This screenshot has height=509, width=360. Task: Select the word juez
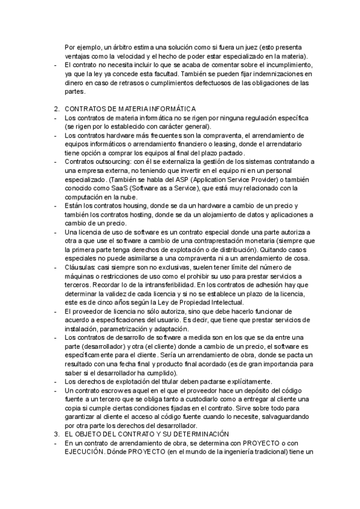(252, 47)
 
